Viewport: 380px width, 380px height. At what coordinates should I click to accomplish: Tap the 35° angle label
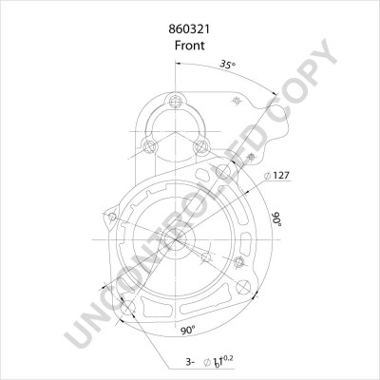227,65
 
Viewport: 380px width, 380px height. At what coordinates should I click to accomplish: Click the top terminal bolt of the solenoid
175,103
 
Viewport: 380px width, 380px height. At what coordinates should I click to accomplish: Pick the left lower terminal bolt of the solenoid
150,145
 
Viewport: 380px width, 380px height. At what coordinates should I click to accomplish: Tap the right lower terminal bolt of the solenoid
199,145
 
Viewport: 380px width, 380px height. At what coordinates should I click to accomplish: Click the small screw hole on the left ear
113,220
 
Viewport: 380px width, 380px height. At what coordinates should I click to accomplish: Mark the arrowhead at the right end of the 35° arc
276,95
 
